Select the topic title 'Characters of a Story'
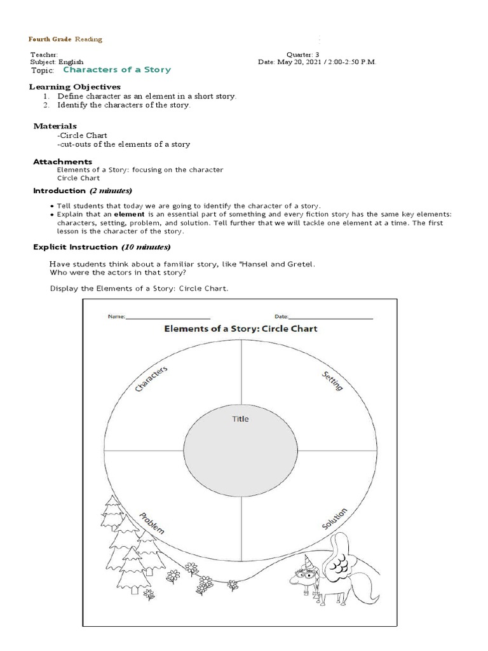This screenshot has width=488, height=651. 116,69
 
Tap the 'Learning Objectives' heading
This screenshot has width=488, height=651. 75,86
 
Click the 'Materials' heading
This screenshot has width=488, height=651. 55,126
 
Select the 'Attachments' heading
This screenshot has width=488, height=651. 62,161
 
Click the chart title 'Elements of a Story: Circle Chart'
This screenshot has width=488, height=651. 241,329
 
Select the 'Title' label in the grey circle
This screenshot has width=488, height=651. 240,419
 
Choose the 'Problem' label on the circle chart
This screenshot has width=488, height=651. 152,522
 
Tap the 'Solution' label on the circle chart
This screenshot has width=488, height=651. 334,518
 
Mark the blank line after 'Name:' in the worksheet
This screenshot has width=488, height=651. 168,316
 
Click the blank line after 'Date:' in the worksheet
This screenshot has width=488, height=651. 331,316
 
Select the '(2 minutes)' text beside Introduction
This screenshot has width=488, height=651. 111,191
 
